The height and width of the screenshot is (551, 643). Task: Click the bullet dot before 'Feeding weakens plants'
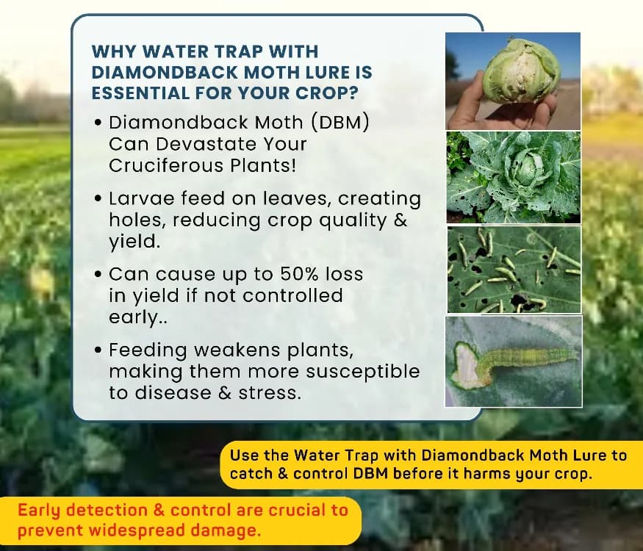98,350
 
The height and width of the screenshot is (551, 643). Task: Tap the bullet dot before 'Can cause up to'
98,275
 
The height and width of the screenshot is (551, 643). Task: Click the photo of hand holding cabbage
513,81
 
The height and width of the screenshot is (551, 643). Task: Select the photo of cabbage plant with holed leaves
513,177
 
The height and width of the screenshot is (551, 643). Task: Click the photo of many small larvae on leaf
513,270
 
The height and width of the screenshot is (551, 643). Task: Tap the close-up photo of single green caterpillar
513,361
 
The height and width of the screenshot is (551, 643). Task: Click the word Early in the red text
40,509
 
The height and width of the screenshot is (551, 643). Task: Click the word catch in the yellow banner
251,474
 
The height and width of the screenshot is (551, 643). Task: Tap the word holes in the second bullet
133,220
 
